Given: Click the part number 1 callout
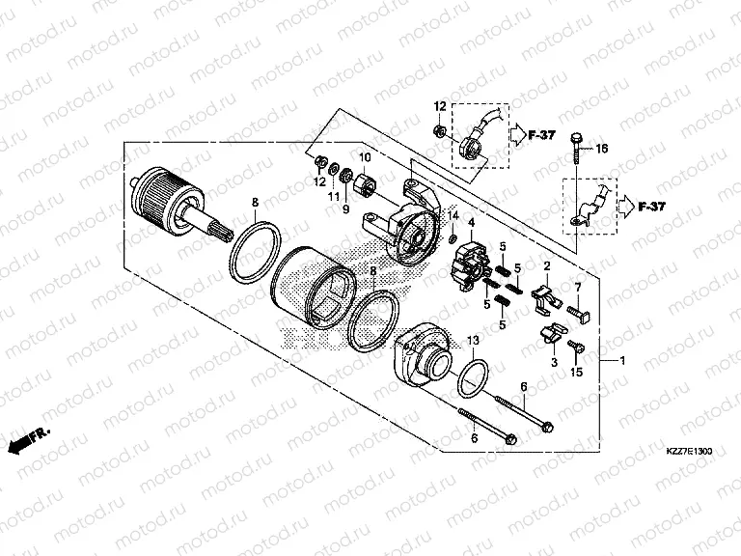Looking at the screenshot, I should point(622,361).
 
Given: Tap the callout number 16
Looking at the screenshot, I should point(601,149).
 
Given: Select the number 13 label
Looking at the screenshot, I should point(474,342).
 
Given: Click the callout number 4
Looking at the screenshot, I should point(472,223).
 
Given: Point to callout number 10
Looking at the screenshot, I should point(366,157).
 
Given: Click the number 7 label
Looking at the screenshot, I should point(578,287).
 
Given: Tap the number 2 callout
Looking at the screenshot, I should point(546,265).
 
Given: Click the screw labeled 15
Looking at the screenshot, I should point(576,347).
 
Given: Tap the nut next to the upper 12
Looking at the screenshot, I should point(440,128).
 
